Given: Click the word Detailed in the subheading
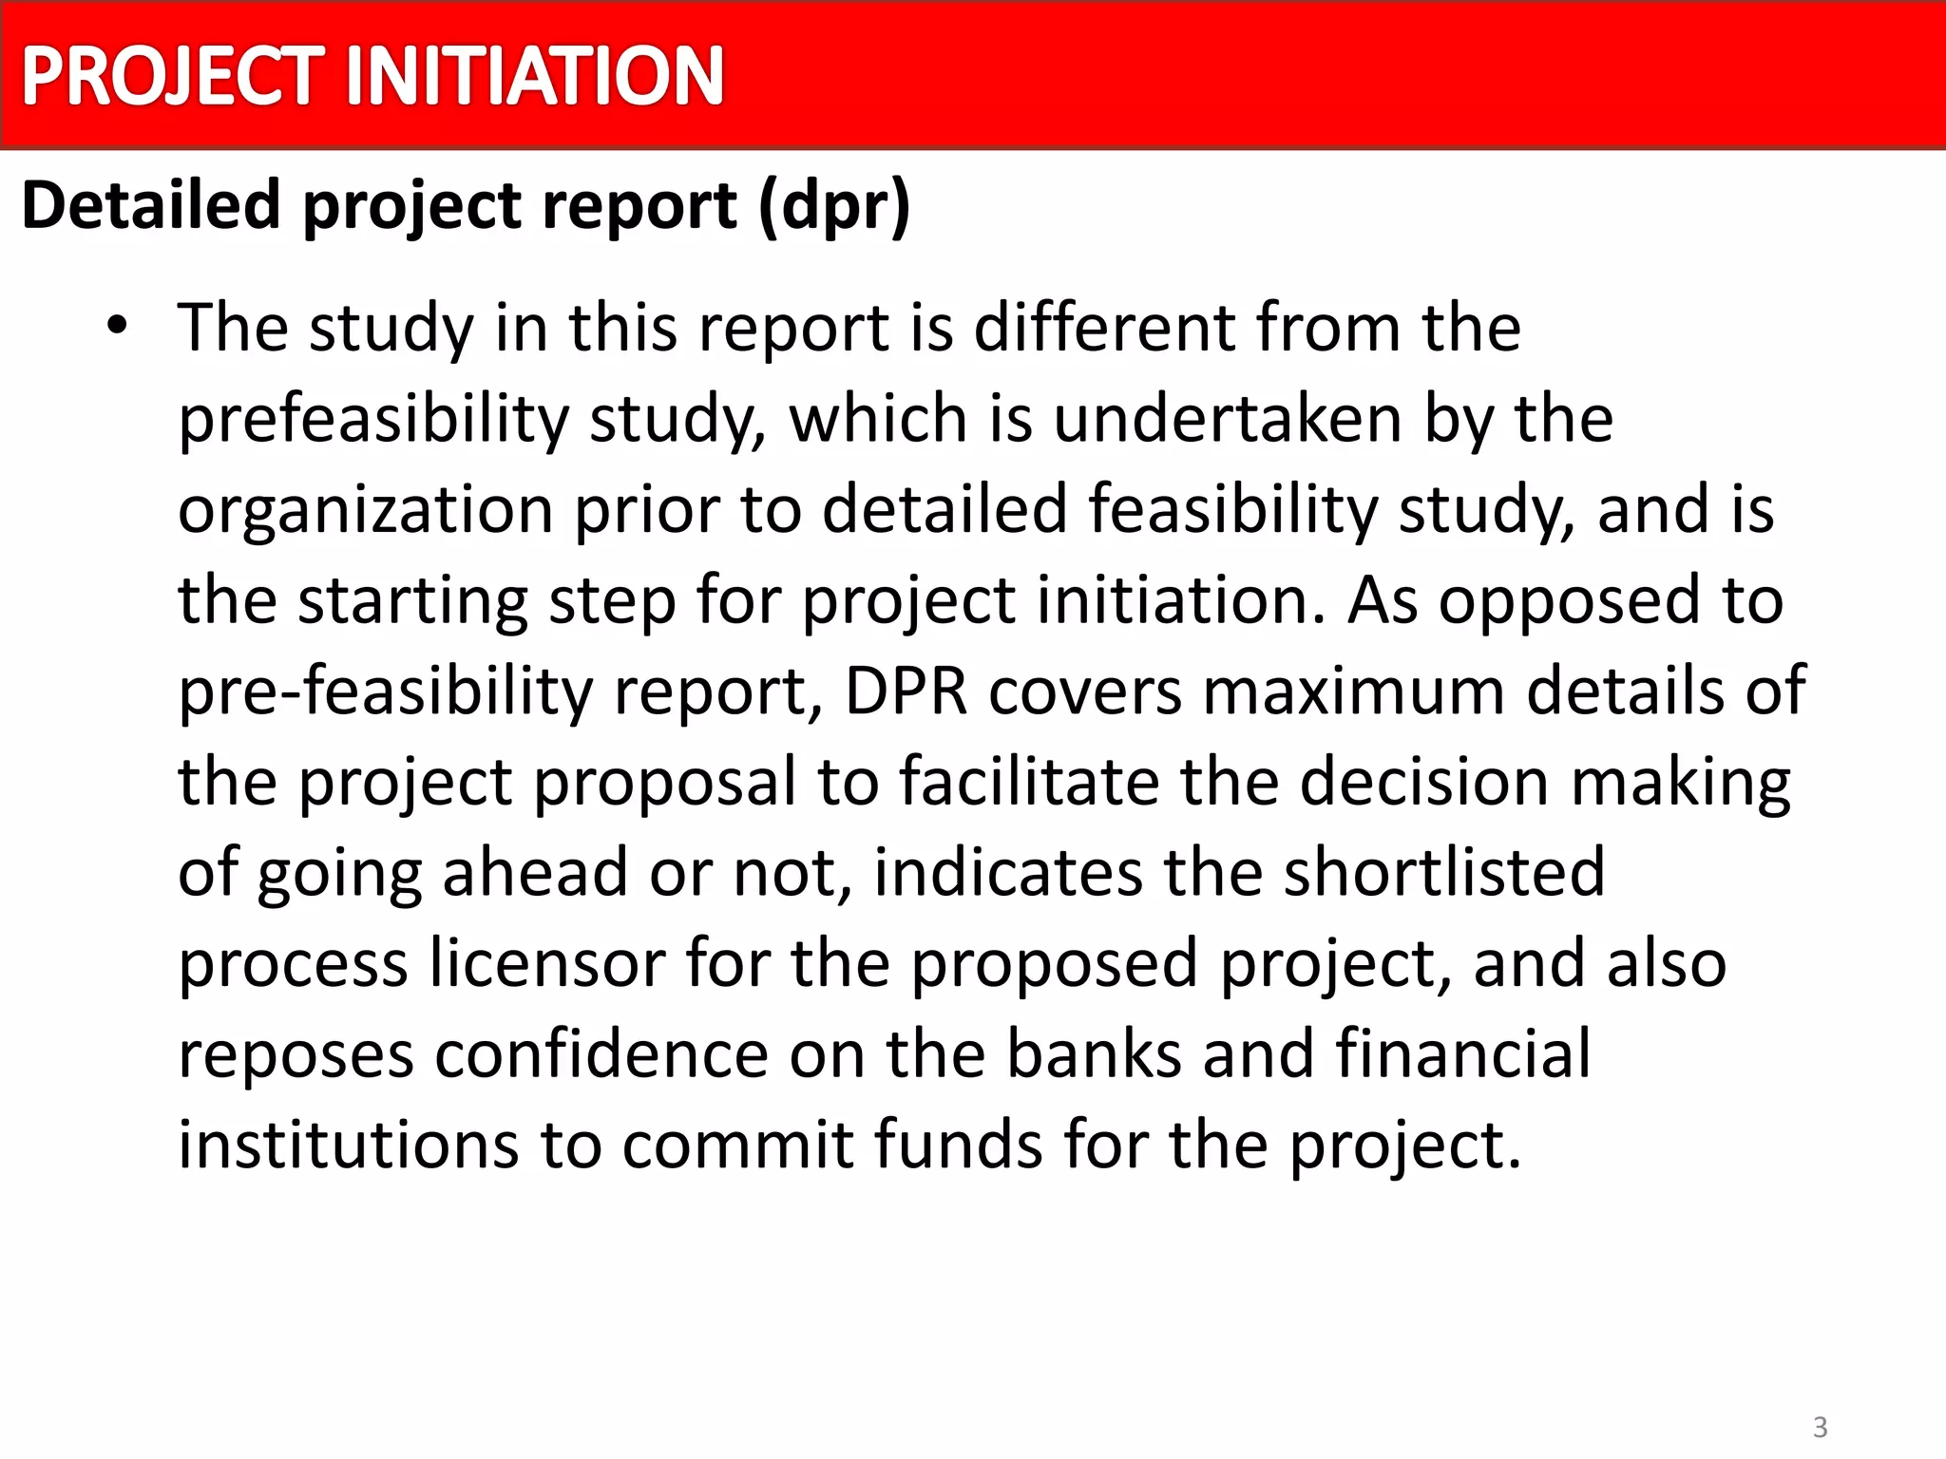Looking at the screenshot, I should point(151,205).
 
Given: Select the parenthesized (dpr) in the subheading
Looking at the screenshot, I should point(835,207).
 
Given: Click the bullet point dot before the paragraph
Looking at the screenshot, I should point(117,326).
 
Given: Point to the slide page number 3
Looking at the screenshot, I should point(1821,1427).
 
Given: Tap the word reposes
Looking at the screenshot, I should point(296,1054).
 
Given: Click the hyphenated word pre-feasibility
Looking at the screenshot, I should point(385,692).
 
